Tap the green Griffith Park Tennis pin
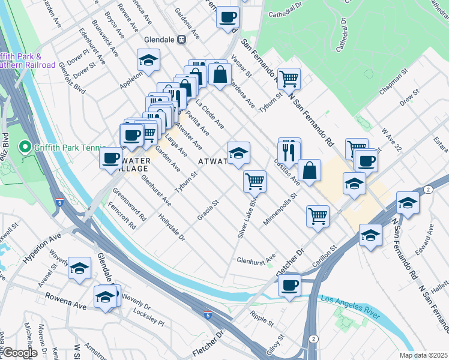tap(25, 146)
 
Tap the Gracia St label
tap(208, 210)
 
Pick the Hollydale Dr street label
tap(172, 225)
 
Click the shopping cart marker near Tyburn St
tap(289, 78)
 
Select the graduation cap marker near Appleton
tap(148, 60)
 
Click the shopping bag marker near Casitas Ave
tap(309, 170)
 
